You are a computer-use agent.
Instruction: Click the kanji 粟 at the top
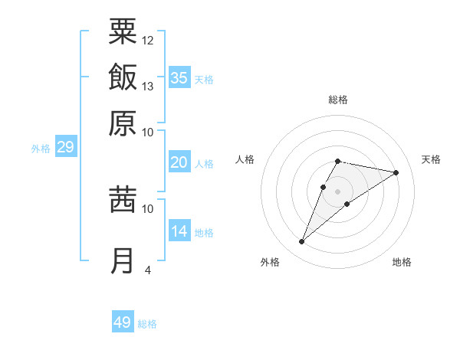(123, 31)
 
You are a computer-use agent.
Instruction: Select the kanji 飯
(123, 77)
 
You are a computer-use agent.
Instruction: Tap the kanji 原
(123, 123)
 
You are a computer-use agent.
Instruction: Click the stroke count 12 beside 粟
(148, 40)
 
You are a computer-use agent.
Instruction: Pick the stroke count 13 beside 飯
(148, 86)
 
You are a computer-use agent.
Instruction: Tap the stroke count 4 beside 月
(148, 269)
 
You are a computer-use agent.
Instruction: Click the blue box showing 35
(179, 77)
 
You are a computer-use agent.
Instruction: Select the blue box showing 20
(179, 162)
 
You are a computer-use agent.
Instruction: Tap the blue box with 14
(179, 231)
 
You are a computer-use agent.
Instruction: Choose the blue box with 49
(123, 322)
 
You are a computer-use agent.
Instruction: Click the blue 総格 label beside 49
(147, 324)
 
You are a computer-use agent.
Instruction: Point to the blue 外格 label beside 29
(41, 149)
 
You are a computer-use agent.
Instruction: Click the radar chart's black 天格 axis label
(431, 159)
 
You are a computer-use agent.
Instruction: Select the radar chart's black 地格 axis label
(402, 262)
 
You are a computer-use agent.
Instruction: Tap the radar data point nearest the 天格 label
(396, 173)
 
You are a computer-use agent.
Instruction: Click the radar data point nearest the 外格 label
(302, 242)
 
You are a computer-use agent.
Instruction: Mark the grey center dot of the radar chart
(337, 191)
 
